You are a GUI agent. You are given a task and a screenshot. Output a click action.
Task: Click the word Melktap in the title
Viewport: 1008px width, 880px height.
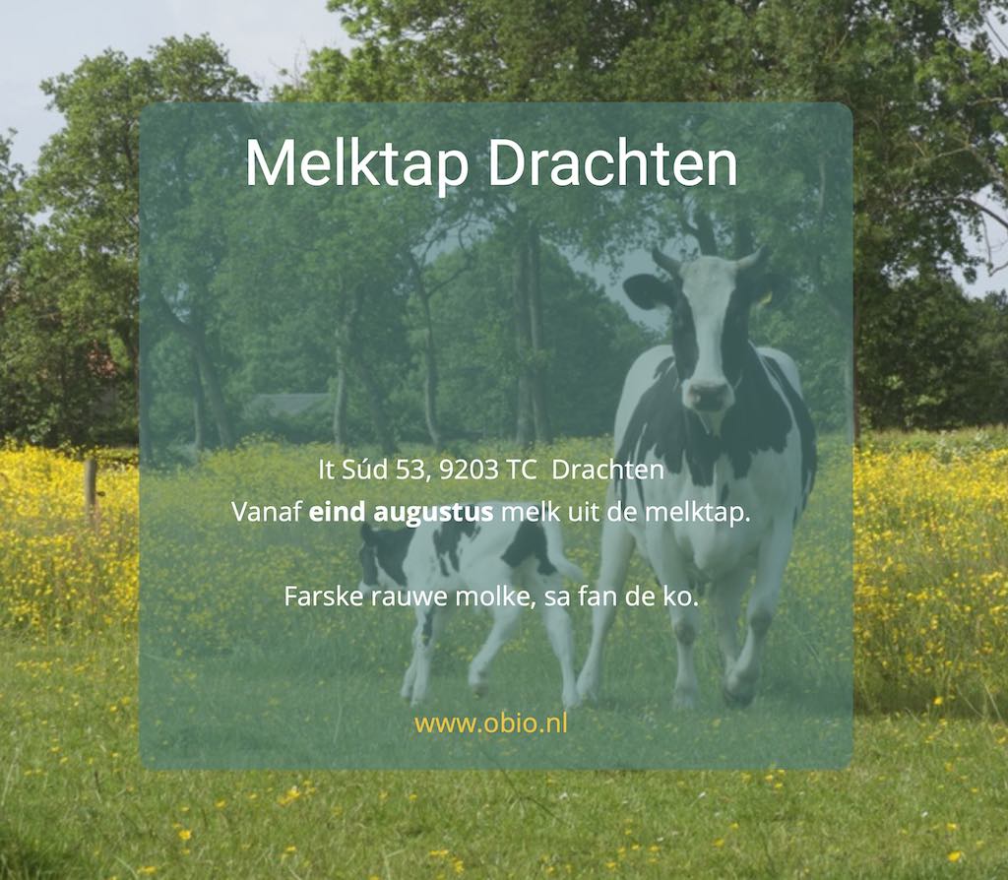coord(356,164)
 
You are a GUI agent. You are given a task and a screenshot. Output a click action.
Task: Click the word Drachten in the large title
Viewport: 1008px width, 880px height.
coord(612,163)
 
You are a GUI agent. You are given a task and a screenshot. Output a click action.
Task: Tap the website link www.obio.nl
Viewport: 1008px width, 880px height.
coord(491,723)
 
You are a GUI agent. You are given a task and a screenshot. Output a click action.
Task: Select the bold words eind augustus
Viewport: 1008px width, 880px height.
coord(402,513)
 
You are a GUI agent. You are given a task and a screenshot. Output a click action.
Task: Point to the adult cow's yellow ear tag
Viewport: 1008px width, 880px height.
coord(765,297)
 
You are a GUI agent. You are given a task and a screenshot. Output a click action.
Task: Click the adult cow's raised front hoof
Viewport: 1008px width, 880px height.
coord(738,689)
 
